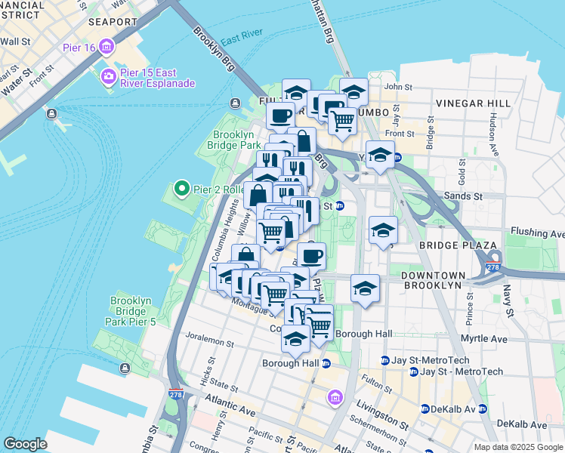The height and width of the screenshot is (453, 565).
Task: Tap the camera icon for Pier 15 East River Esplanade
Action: click(x=107, y=76)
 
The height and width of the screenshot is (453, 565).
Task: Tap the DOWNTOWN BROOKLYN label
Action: click(x=442, y=280)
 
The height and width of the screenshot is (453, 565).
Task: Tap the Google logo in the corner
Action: click(x=25, y=444)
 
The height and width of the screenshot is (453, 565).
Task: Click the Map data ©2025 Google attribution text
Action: click(x=518, y=447)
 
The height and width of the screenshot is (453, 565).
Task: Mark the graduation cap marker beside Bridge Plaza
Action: click(x=383, y=231)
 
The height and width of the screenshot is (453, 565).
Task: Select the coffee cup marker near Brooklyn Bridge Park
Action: click(x=281, y=117)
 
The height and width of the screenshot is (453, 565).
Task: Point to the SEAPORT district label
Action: click(x=111, y=22)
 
